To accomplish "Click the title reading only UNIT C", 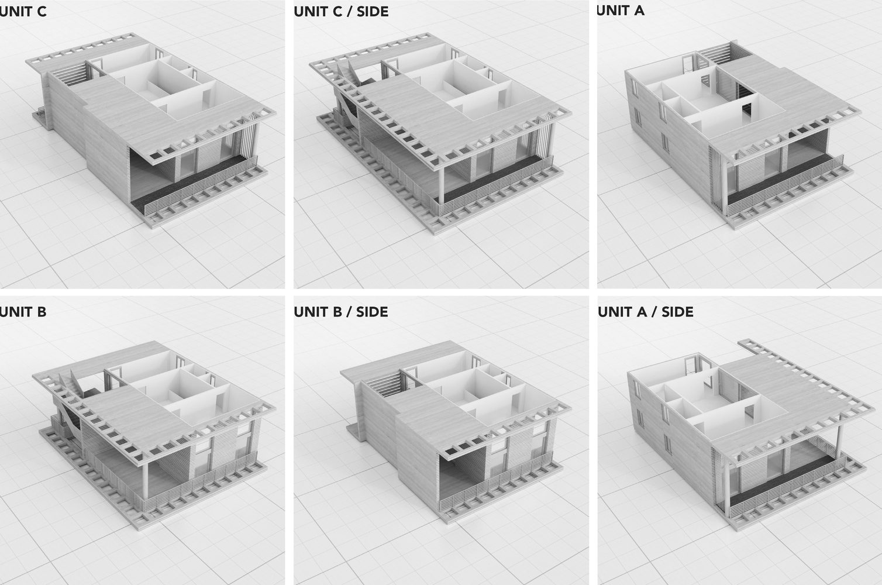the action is (23, 12).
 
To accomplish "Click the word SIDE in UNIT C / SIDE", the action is (373, 12).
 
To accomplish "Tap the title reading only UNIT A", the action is (621, 11).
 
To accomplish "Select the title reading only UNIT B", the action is (23, 312).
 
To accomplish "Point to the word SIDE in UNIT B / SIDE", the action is (372, 312).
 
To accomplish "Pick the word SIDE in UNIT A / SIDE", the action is (677, 312).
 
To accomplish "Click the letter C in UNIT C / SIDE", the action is (337, 12).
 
